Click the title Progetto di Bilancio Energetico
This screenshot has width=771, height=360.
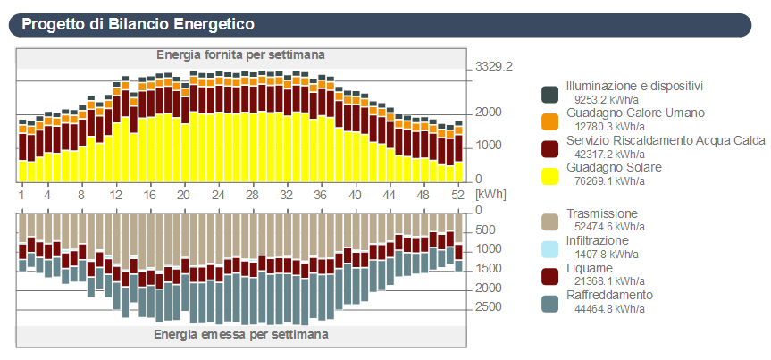click(x=138, y=24)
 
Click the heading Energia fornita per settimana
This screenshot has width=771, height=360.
click(x=240, y=54)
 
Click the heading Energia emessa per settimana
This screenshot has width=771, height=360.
click(x=240, y=334)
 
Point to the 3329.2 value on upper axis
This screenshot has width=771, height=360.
click(x=495, y=67)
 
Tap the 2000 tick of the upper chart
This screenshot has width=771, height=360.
click(x=487, y=113)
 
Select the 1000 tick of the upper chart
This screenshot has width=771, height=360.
click(x=487, y=146)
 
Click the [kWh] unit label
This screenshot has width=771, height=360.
click(x=490, y=194)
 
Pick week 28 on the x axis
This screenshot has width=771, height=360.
click(x=252, y=194)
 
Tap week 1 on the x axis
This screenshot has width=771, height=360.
click(x=21, y=194)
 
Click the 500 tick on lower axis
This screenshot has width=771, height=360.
click(x=487, y=230)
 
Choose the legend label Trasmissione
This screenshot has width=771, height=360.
click(x=602, y=214)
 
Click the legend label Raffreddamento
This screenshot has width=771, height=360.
click(x=609, y=295)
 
